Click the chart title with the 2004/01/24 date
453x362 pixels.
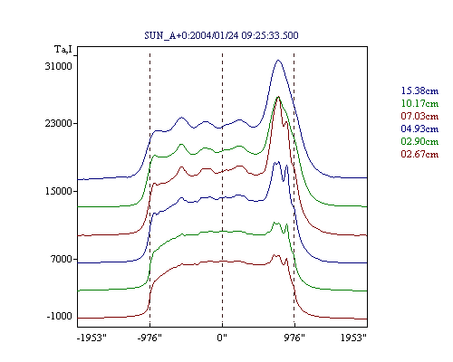[x=221, y=35]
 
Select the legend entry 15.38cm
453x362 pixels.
[x=419, y=90]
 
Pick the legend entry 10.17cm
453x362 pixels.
[x=419, y=103]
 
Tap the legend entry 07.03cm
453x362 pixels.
[x=419, y=116]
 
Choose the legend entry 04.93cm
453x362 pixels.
[x=419, y=129]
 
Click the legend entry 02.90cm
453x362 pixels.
[x=419, y=141]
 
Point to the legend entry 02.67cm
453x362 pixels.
[x=419, y=154]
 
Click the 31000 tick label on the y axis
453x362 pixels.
[x=59, y=66]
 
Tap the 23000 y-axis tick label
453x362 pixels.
[x=59, y=123]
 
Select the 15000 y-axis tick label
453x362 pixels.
[x=59, y=191]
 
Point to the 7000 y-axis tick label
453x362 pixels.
[x=62, y=259]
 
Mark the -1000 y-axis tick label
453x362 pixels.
[x=60, y=316]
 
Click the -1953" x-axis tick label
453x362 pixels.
[x=92, y=338]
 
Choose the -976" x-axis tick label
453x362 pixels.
[x=149, y=338]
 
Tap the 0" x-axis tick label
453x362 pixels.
[x=222, y=338]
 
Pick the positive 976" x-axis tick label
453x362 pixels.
[x=294, y=338]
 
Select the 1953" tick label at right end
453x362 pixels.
[x=353, y=338]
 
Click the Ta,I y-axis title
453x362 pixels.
[x=63, y=49]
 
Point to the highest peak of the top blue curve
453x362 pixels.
[x=278, y=60]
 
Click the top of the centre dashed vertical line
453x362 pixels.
[x=222, y=53]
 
